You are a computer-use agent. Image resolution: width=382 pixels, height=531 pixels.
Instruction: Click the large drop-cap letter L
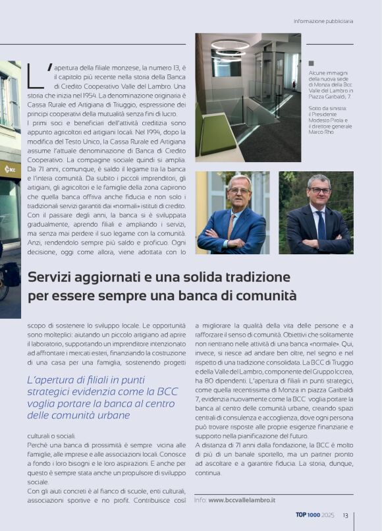[x=36, y=76]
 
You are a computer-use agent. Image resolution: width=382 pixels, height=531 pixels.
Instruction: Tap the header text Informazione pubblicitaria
[x=323, y=21]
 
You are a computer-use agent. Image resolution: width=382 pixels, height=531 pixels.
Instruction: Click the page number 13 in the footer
[x=345, y=515]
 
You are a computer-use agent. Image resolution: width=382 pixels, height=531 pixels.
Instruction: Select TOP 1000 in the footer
[x=308, y=515]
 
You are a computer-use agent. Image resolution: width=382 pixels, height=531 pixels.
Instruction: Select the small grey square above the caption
[x=311, y=63]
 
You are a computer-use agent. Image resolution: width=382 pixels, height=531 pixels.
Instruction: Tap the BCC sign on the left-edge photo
[x=10, y=169]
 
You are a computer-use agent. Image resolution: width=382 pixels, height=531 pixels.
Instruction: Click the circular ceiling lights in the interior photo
[x=230, y=49]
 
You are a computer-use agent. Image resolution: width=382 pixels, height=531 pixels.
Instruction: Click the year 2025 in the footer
[x=329, y=515]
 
